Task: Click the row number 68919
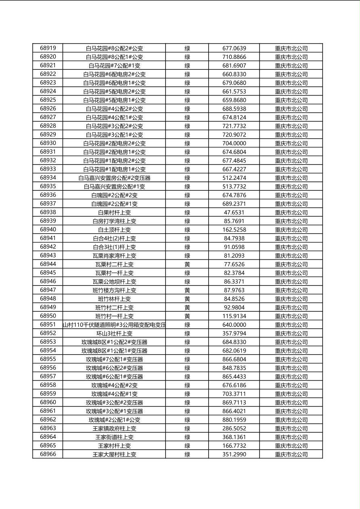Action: click(x=48, y=48)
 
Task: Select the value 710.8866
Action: click(x=234, y=57)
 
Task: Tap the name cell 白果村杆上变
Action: click(x=114, y=213)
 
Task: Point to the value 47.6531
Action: click(x=234, y=213)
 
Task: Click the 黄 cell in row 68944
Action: click(x=187, y=264)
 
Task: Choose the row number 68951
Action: click(x=48, y=325)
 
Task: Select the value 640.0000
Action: click(x=234, y=325)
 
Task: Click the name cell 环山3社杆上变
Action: click(x=114, y=334)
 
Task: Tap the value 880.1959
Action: click(x=234, y=420)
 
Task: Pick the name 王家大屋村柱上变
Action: click(x=114, y=455)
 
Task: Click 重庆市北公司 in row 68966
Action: click(x=291, y=455)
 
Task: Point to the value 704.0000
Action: click(x=234, y=143)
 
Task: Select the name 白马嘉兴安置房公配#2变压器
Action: click(x=114, y=178)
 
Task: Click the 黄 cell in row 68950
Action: click(x=187, y=316)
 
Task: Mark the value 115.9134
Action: click(x=234, y=316)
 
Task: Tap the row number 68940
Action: click(x=48, y=229)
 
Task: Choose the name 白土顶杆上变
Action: click(x=114, y=230)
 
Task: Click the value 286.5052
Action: click(x=234, y=428)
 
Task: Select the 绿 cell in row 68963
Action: click(x=187, y=428)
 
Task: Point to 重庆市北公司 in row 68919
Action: click(x=291, y=48)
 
